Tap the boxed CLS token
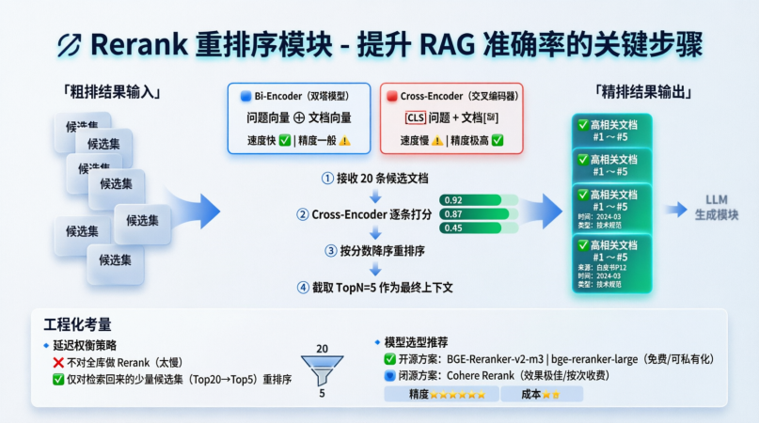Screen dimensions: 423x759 click(415, 118)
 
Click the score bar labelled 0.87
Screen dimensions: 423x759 click(475, 214)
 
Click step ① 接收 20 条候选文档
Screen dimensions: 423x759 click(374, 178)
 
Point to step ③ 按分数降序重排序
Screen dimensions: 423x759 click(374, 251)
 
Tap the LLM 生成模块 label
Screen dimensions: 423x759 click(721, 208)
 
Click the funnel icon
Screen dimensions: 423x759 click(322, 368)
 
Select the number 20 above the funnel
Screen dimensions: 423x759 click(322, 349)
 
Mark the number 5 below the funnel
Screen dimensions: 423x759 click(322, 394)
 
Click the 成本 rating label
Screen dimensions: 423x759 click(529, 395)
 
